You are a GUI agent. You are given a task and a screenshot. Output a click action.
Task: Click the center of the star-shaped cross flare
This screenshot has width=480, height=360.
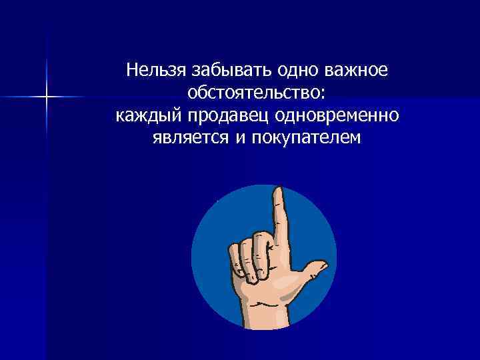[46, 97]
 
